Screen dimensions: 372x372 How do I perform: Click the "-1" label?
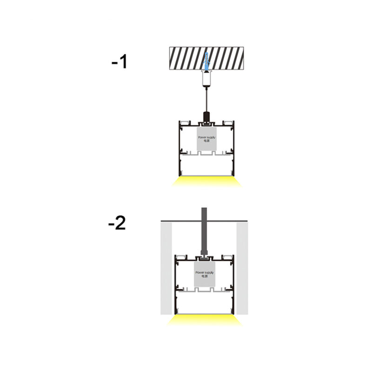point(119,62)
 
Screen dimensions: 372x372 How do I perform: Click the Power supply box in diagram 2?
point(205,274)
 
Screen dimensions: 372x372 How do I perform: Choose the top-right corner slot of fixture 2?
point(226,257)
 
